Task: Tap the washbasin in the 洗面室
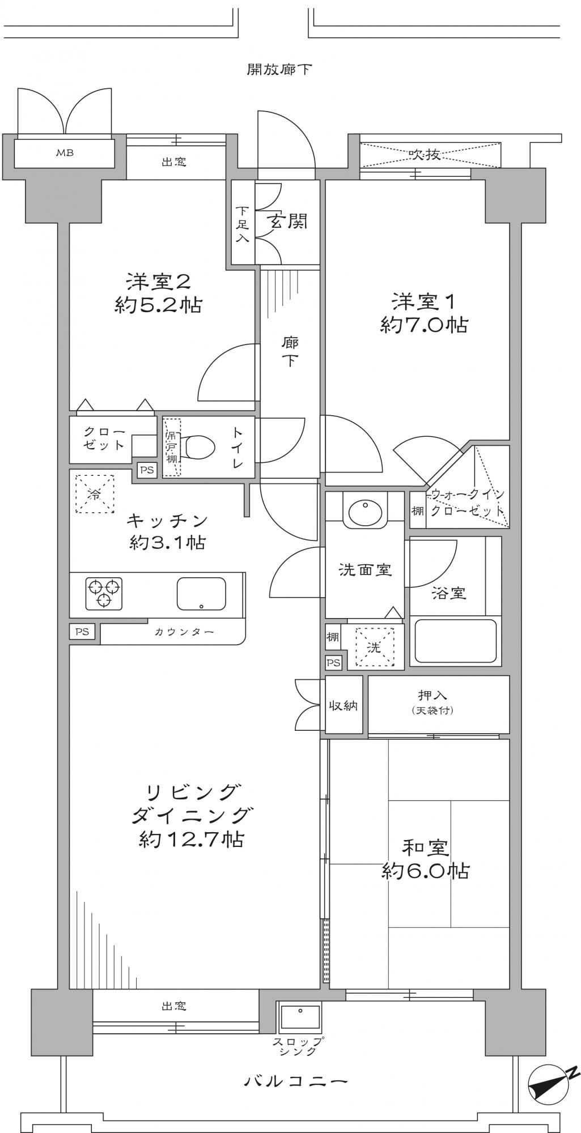click(366, 512)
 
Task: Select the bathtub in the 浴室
click(455, 641)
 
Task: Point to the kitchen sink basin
click(201, 593)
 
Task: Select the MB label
click(64, 152)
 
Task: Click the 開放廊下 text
click(279, 70)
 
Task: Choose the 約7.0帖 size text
click(424, 325)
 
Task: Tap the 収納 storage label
click(343, 706)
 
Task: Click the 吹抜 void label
click(425, 154)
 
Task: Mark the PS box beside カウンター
click(82, 631)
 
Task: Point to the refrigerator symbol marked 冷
click(95, 494)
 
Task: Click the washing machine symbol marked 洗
click(374, 646)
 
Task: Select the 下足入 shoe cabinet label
click(242, 223)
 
